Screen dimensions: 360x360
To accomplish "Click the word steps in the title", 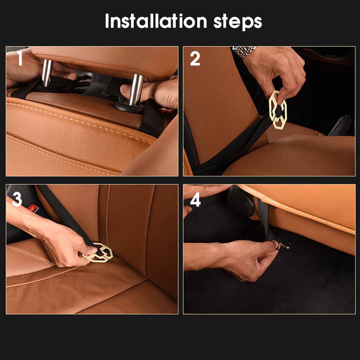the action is pyautogui.click(x=238, y=22).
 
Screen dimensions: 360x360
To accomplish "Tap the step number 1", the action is pyautogui.click(x=20, y=58).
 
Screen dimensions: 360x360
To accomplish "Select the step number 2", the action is pyautogui.click(x=195, y=59).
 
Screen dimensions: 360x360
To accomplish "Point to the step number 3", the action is pyautogui.click(x=17, y=199).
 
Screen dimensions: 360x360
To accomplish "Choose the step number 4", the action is pyautogui.click(x=195, y=199).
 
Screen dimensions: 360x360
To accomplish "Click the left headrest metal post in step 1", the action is pyautogui.click(x=47, y=73).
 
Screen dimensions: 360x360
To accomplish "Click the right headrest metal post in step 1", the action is pyautogui.click(x=136, y=90).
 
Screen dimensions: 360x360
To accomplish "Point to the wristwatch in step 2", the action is pyautogui.click(x=243, y=51).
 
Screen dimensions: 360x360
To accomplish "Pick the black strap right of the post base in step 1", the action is pyautogui.click(x=152, y=118).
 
